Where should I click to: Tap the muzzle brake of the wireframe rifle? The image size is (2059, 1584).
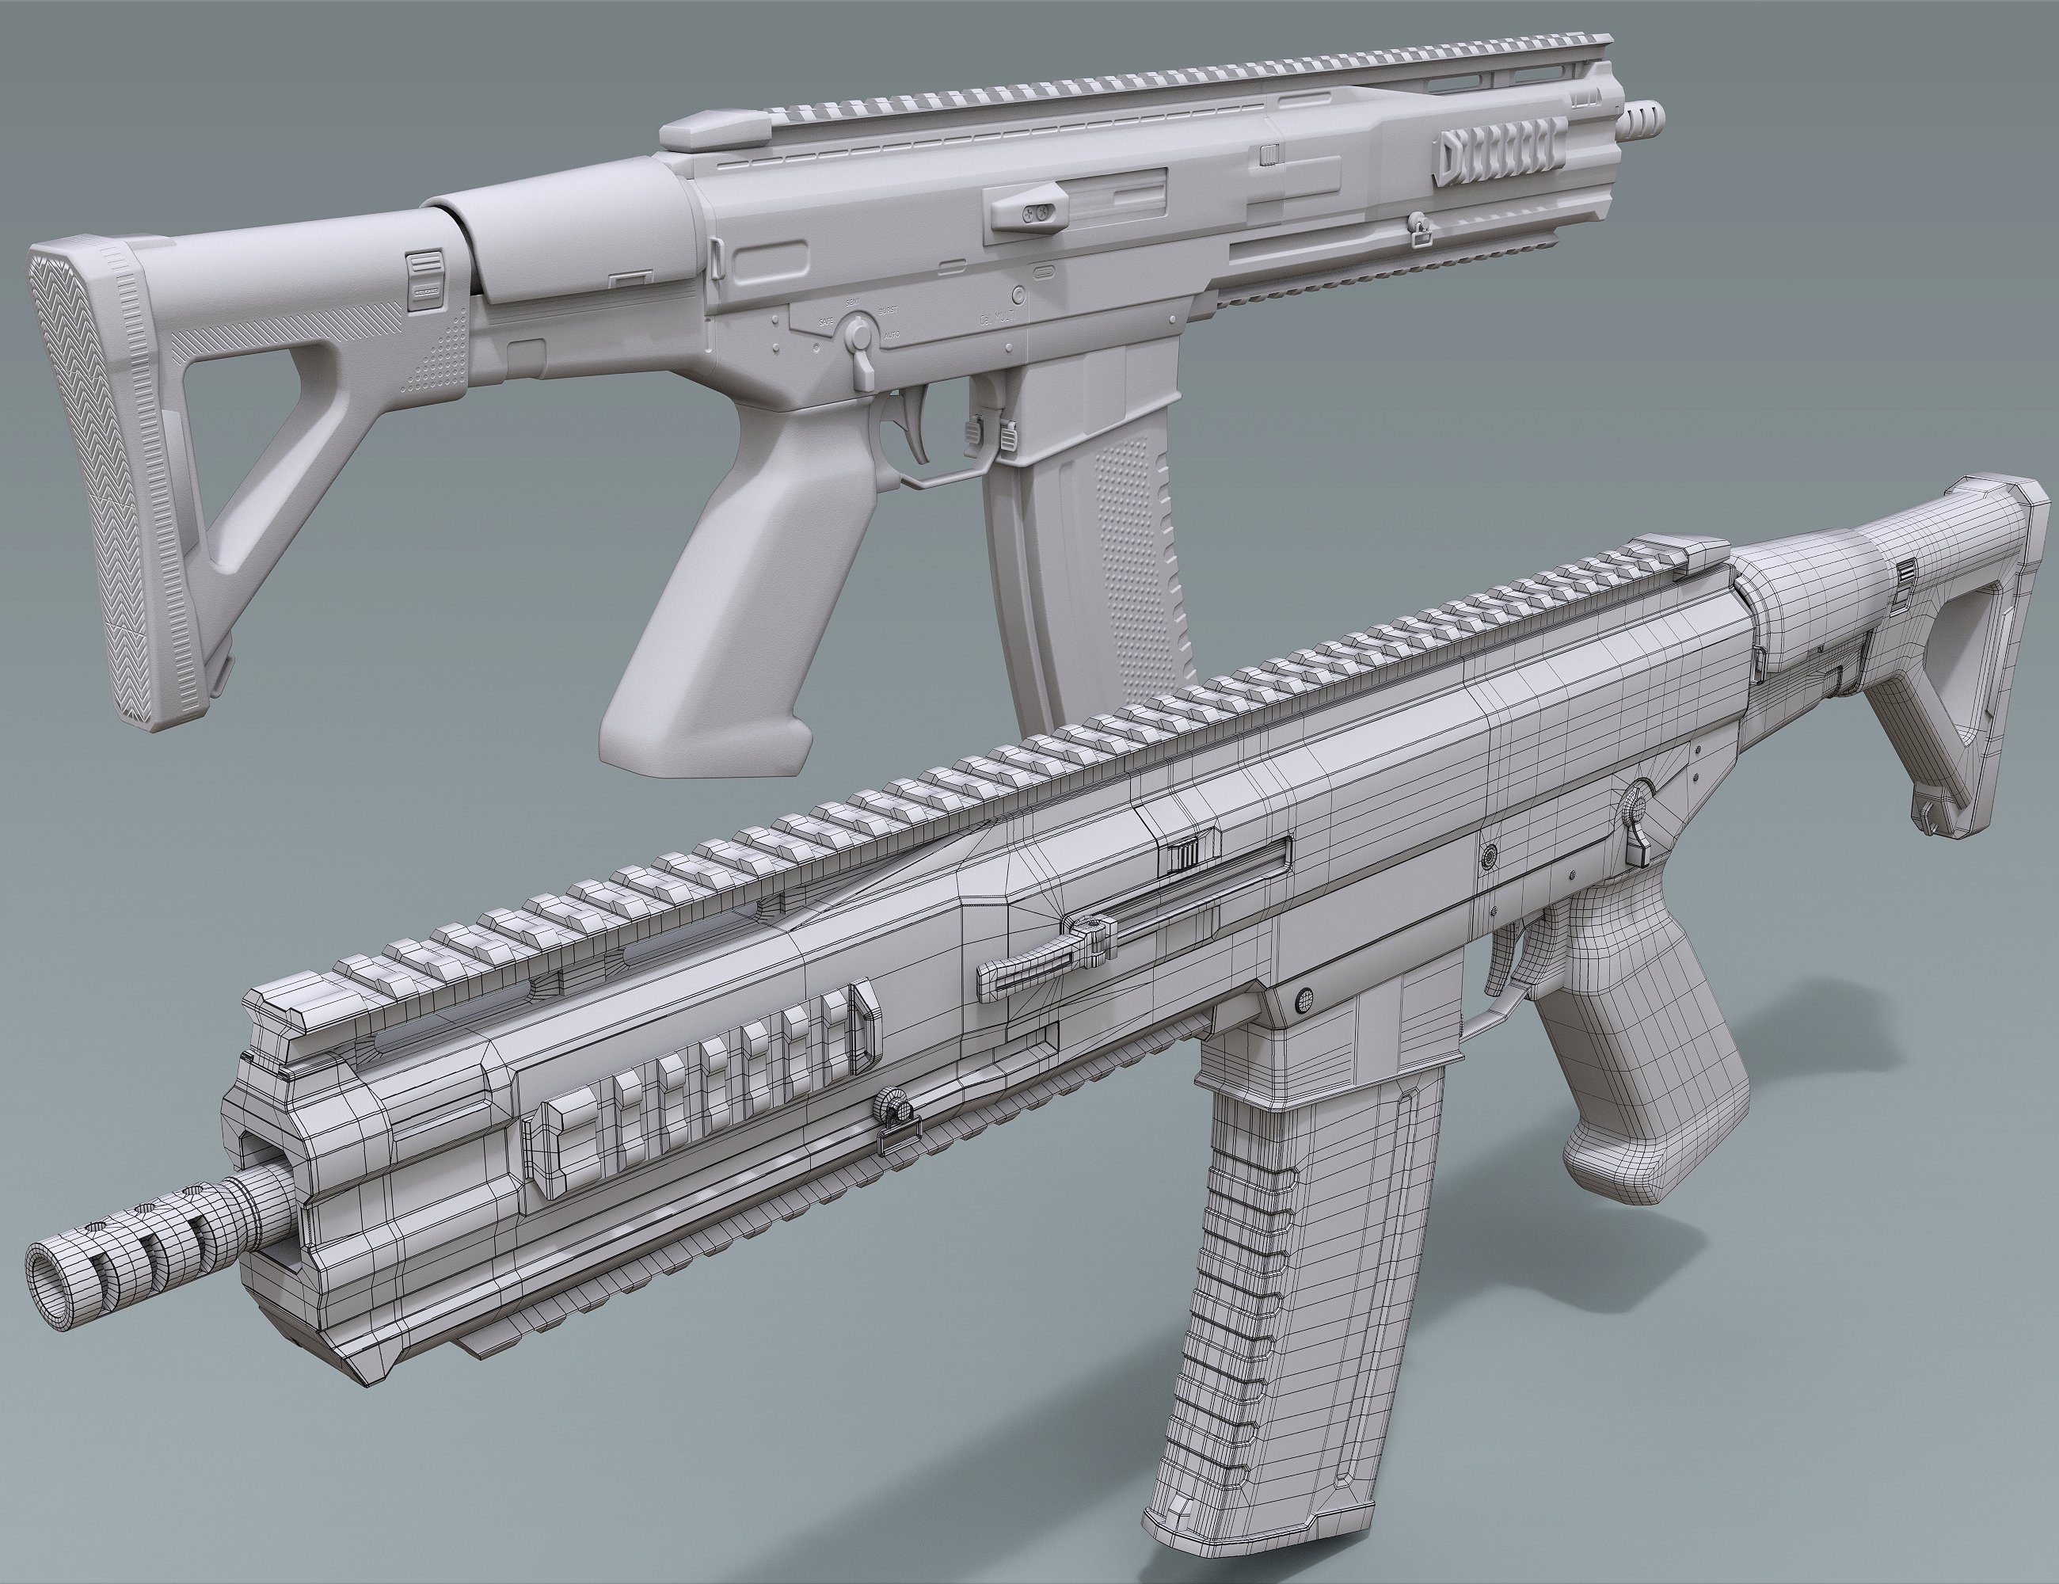(142, 1242)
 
